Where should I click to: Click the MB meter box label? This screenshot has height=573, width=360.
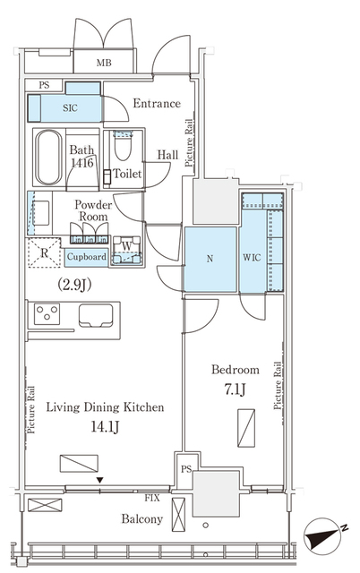coord(104,63)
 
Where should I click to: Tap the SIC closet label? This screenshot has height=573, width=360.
coord(70,107)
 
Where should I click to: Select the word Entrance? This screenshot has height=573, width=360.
coord(157,104)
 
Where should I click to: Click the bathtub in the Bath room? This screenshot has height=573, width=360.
coord(48,158)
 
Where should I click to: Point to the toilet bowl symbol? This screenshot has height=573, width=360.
coord(123,145)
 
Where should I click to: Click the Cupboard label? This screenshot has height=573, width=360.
coord(87,257)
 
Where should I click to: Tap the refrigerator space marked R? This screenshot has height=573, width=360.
coord(44,252)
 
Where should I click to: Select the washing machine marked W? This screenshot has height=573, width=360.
coord(126,250)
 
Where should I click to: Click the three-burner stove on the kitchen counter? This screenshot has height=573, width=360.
coord(47,314)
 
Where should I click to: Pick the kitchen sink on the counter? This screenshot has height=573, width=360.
coord(96,315)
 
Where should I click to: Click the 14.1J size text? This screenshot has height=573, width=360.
coord(105,426)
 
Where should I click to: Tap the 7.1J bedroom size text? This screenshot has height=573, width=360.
coord(235,390)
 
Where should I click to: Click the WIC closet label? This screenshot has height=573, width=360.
coord(252,257)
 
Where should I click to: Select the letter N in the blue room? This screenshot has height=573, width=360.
coord(210,259)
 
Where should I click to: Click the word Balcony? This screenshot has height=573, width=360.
coord(142,518)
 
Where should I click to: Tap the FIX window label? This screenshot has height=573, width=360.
coord(152,498)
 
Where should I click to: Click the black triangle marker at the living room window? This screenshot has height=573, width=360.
coord(100,480)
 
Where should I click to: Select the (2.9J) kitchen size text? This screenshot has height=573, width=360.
coord(74,285)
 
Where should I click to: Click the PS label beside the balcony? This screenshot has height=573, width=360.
coord(186,469)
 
